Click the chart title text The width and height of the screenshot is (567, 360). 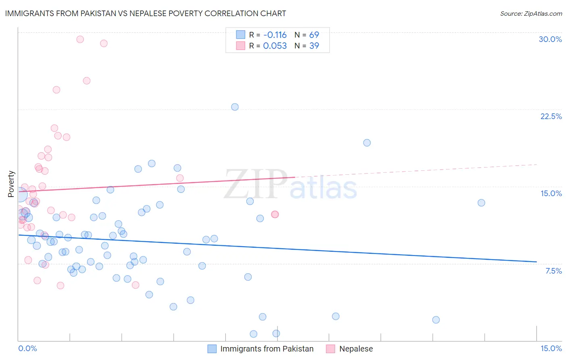click(146, 13)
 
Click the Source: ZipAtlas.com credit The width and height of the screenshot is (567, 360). click(531, 14)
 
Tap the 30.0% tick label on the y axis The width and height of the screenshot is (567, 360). click(550, 39)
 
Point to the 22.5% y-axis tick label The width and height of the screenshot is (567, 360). click(551, 116)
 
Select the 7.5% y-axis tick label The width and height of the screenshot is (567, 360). click(553, 271)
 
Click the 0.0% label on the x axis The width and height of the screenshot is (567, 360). click(27, 348)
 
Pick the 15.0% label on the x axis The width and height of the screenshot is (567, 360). click(551, 348)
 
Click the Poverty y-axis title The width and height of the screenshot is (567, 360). click(11, 184)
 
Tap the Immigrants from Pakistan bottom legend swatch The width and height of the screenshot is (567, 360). click(212, 349)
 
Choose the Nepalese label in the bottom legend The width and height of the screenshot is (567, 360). click(356, 349)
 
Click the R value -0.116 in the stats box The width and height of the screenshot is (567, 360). click(275, 35)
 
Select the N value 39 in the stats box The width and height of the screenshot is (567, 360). click(314, 46)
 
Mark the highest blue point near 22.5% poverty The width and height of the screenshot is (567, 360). click(235, 107)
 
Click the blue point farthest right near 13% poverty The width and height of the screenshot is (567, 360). click(481, 203)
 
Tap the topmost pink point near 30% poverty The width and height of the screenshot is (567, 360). click(80, 39)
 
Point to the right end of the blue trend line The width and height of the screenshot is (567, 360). click(536, 262)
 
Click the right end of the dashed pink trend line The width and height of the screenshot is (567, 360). click(537, 164)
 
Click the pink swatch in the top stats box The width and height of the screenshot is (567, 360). click(240, 46)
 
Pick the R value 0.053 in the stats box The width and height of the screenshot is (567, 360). click(275, 46)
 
